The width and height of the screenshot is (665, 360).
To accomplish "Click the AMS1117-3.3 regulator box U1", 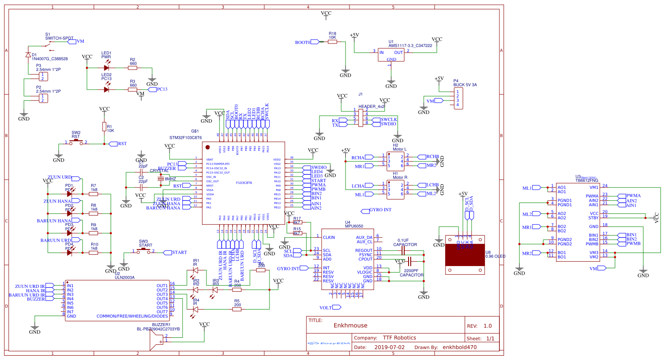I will (391, 55).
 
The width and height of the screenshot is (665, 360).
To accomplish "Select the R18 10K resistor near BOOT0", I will (332, 42).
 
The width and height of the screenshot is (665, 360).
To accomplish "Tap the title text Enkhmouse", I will (350, 325).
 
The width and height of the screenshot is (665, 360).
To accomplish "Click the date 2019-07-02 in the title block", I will (389, 347).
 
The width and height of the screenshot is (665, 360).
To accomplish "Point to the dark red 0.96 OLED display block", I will (465, 255).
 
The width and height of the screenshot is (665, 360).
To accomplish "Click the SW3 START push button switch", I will (143, 251).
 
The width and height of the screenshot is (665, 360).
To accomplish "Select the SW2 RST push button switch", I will (76, 142).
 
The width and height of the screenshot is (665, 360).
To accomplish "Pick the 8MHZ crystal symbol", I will (161, 179).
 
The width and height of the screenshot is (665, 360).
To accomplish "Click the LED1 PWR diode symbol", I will (106, 68).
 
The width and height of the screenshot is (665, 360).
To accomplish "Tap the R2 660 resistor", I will (133, 68).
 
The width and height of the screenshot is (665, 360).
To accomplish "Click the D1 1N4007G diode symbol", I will (28, 55).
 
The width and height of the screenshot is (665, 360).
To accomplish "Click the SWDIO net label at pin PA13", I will (319, 167).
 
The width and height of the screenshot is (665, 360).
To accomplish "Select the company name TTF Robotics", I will (399, 337).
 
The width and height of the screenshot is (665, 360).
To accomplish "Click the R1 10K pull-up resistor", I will (104, 127).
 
